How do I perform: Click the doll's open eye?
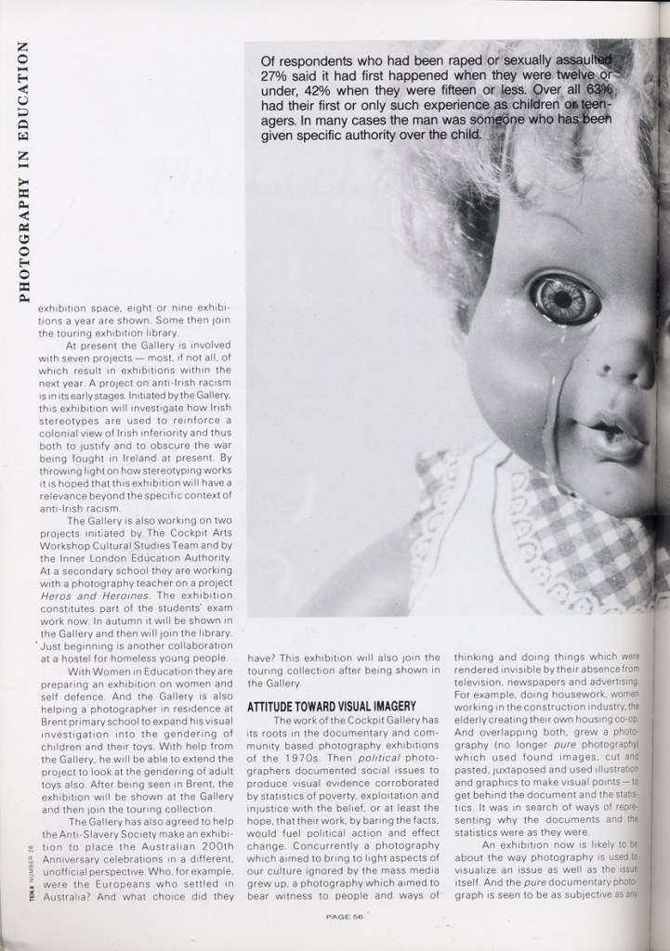point(564,298)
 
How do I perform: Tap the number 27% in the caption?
point(275,77)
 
